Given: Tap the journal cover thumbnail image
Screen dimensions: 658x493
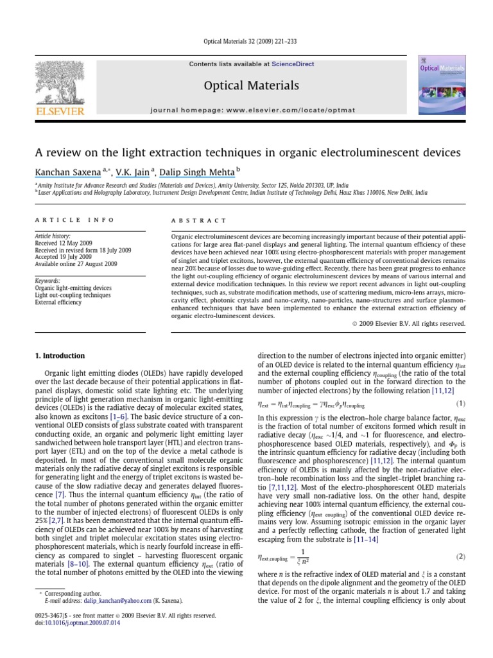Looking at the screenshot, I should click(439, 87).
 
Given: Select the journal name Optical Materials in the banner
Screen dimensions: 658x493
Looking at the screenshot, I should click(251, 85).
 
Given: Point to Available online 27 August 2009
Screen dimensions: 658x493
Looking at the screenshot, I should click(76, 263).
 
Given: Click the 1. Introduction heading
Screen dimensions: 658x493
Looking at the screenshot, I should click(59, 355).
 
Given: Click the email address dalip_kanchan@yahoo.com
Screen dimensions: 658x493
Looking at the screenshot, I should click(107, 600).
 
